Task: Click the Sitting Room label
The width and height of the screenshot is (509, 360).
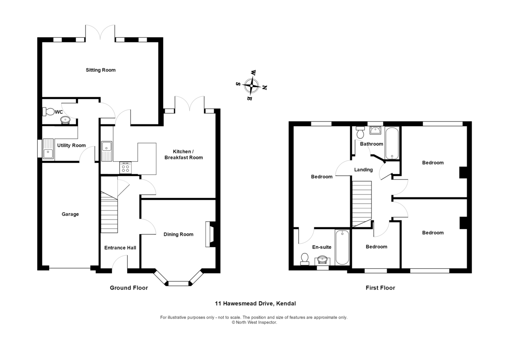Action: pos(101,70)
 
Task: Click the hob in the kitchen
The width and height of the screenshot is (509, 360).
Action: pos(126,168)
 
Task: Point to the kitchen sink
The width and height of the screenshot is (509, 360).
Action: pos(106,151)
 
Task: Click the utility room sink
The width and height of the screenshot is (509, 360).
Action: pos(48,149)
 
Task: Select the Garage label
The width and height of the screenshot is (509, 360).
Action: pos(70,214)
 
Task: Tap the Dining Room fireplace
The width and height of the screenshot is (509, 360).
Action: pos(210,234)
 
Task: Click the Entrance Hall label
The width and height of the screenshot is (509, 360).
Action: pos(120,247)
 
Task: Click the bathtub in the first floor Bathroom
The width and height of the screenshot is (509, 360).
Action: pos(392,143)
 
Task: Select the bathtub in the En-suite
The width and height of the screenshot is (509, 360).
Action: pos(342,247)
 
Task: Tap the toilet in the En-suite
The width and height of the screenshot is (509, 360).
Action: pos(304,259)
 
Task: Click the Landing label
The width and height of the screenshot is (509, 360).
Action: pos(364,170)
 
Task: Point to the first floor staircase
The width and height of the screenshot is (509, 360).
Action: pos(362,203)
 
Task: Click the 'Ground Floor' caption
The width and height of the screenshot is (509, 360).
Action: pos(129,288)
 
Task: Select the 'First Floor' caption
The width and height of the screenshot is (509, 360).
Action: pos(380,288)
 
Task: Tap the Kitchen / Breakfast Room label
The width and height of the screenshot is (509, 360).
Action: pos(187,155)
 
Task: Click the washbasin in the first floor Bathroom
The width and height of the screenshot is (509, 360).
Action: pos(375,130)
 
